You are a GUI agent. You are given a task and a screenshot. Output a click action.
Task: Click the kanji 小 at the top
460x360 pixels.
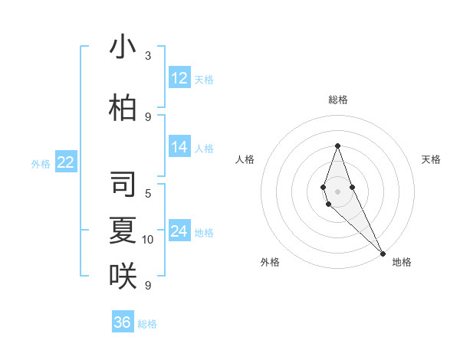click(123, 47)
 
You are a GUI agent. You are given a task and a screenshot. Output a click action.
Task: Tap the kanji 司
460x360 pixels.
click(123, 184)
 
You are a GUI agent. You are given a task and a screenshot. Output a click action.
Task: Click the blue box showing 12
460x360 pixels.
click(179, 78)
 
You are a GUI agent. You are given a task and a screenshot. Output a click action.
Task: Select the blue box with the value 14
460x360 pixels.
click(179, 148)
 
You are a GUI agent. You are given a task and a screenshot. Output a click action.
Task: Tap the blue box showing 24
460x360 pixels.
click(179, 232)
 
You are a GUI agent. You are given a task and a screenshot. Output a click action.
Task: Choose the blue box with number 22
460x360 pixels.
click(66, 162)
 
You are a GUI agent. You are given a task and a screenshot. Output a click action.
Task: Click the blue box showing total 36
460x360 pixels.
click(123, 322)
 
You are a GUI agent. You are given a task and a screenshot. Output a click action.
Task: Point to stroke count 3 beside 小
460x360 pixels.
click(148, 56)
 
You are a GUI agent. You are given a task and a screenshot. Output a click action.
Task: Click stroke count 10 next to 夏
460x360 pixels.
click(148, 240)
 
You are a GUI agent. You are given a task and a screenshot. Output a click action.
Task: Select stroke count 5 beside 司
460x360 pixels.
click(148, 193)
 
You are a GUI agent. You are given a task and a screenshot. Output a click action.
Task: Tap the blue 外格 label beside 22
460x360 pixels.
click(41, 163)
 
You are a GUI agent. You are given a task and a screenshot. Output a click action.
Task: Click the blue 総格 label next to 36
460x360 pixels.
click(147, 324)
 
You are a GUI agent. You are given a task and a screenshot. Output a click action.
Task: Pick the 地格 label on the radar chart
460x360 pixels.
click(402, 263)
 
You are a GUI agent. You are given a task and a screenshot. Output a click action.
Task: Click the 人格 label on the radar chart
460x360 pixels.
click(245, 159)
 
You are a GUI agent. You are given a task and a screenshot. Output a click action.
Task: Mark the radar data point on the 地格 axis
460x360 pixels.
click(382, 254)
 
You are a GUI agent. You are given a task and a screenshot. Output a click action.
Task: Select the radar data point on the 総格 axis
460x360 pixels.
click(337, 146)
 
